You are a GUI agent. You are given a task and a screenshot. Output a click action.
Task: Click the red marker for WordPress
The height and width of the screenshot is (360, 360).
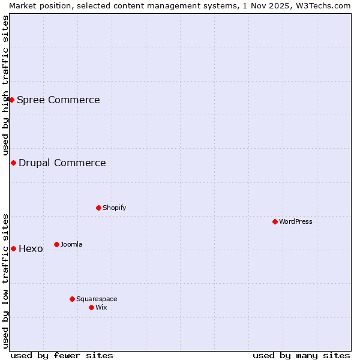[275, 221]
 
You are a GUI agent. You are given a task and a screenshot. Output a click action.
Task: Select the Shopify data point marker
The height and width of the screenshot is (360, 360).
[98, 208]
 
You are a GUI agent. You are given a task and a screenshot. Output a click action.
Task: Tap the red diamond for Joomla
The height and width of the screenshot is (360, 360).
[56, 244]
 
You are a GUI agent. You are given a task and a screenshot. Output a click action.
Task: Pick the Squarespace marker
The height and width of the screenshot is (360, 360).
[72, 299]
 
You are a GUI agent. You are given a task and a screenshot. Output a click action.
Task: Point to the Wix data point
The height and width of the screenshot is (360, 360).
[91, 307]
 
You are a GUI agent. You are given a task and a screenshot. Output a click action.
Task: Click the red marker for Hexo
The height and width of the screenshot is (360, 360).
[13, 248]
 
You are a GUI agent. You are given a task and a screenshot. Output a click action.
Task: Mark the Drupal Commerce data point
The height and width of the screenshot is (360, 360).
[13, 163]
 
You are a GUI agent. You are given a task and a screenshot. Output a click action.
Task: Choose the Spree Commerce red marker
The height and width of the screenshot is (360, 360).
[11, 100]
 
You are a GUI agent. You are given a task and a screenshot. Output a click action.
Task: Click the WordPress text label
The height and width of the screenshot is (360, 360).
[296, 221]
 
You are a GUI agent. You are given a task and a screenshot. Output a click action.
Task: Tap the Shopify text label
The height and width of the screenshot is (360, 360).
[114, 208]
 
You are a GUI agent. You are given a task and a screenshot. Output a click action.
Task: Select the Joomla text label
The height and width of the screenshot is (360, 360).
[71, 244]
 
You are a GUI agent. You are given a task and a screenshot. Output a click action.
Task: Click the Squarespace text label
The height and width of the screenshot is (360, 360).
[97, 299]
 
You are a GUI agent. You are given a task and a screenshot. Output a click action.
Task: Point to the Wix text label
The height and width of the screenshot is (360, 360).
[101, 307]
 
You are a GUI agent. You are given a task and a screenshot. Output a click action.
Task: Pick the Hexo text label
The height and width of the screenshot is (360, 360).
[31, 248]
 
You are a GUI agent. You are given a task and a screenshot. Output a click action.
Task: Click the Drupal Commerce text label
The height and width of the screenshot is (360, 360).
[62, 163]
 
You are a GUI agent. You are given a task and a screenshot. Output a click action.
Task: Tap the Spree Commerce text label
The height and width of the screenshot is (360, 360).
[58, 100]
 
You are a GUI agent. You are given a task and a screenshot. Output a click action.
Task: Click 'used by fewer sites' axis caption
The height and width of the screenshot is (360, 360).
[62, 355]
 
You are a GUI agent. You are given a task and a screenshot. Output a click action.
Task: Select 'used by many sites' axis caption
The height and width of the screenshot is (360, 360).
[301, 355]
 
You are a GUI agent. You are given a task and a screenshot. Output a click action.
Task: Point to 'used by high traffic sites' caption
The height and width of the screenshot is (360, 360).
[5, 85]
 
